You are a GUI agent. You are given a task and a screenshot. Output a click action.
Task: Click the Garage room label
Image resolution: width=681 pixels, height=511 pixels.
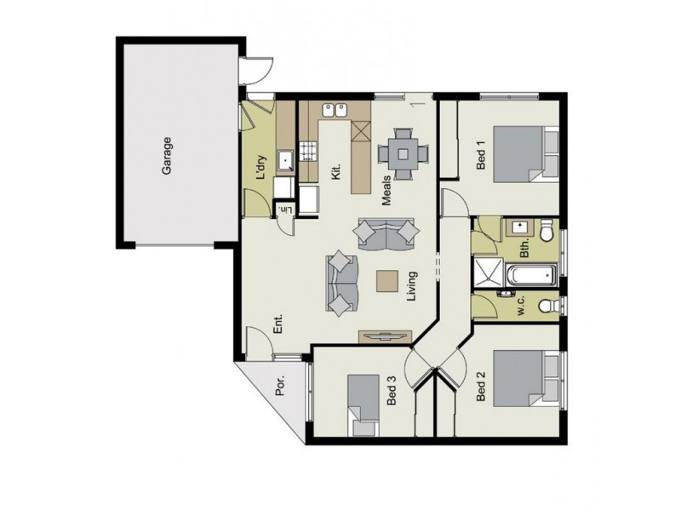coord(168,157)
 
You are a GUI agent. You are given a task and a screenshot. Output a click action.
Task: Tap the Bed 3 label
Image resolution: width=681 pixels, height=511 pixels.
coord(391,395)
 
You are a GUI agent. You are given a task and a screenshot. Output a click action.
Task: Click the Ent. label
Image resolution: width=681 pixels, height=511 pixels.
coord(278,324)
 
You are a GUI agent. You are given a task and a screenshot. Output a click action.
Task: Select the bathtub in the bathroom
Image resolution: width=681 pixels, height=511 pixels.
coord(528,276)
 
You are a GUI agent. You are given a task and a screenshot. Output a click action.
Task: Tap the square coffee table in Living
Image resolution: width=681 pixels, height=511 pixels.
coord(387,281)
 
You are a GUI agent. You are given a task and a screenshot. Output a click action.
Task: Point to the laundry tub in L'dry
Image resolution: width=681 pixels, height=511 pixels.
coord(288,158)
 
